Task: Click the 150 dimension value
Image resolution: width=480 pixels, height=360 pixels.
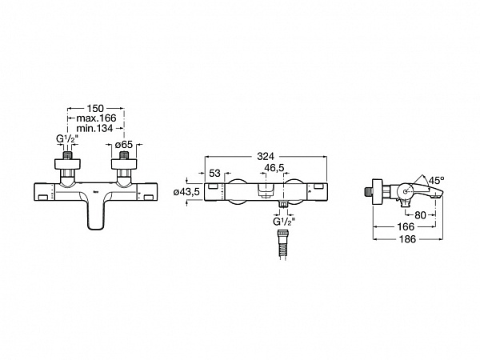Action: [x=95, y=108]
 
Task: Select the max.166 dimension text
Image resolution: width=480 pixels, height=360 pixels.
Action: [x=97, y=118]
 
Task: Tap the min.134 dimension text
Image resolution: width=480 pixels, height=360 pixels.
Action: [x=94, y=128]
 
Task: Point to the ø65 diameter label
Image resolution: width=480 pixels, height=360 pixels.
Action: [x=124, y=145]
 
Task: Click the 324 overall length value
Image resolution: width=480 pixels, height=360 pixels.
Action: [x=266, y=157]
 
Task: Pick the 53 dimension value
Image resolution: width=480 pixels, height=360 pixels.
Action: [x=214, y=174]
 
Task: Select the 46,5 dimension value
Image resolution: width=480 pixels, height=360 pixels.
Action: [x=274, y=168]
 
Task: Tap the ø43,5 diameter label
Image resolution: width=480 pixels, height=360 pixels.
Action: [x=186, y=192]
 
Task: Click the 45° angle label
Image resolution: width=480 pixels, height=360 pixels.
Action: [x=436, y=180]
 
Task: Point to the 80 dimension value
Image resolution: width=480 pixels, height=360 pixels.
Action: [x=420, y=215]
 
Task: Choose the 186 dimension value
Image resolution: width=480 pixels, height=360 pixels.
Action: [x=407, y=238]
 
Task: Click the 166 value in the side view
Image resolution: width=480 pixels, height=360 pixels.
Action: [x=406, y=227]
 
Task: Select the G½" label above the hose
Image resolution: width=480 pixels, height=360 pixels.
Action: [x=284, y=222]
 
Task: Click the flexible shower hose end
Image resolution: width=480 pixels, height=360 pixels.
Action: [x=282, y=245]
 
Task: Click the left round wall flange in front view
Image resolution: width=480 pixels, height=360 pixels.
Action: [x=67, y=164]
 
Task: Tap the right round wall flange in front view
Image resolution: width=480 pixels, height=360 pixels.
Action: [x=124, y=164]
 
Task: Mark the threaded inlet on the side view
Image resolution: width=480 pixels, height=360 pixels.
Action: [x=369, y=192]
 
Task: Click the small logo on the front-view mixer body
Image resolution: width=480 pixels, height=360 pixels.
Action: [x=95, y=193]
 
